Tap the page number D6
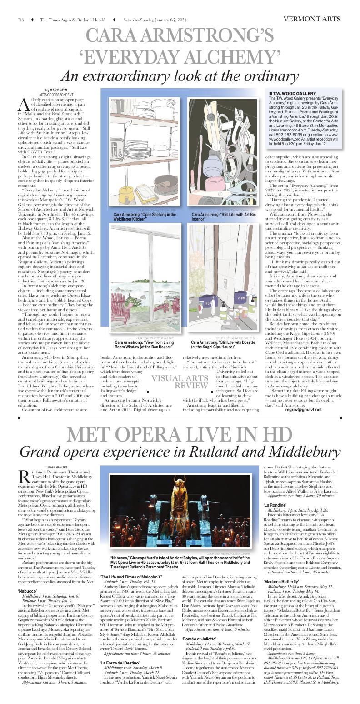point(21,20)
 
